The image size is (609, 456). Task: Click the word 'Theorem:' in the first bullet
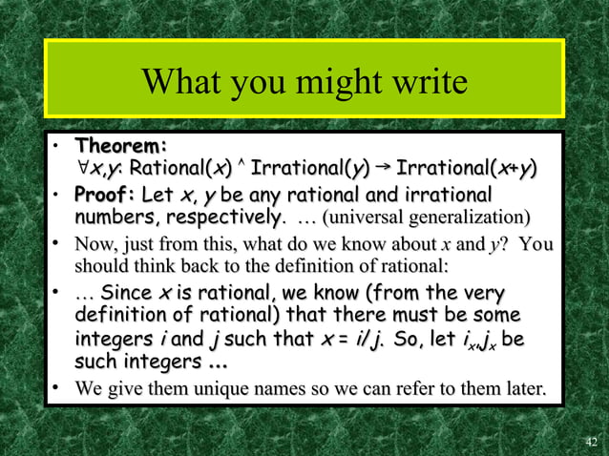click(x=121, y=147)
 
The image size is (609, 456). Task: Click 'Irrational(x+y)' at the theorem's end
click(x=466, y=170)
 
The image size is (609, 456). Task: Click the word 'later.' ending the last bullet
click(x=523, y=388)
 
